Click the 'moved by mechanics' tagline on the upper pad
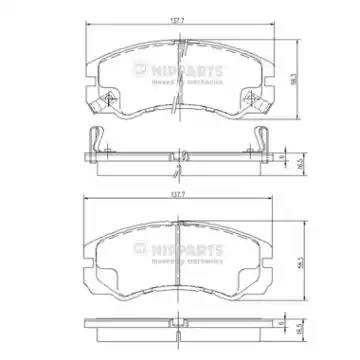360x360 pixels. pyautogui.click(x=197, y=82)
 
